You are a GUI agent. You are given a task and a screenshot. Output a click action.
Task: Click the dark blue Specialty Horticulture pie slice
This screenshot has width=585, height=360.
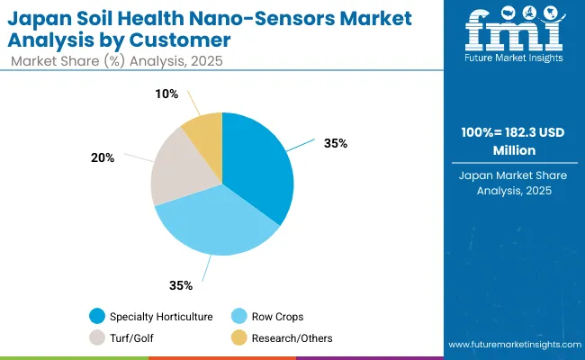click(x=261, y=166)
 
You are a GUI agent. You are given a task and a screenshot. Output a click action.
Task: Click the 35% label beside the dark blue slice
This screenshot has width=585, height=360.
click(x=337, y=143)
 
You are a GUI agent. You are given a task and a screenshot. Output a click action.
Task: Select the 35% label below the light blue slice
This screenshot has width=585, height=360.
click(x=181, y=285)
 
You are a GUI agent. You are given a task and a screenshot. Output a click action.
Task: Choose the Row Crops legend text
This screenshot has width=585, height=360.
click(x=277, y=316)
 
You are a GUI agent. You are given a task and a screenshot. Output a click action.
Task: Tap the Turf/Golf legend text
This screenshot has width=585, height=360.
click(x=133, y=337)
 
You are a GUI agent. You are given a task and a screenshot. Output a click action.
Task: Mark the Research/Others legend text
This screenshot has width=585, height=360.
click(x=291, y=337)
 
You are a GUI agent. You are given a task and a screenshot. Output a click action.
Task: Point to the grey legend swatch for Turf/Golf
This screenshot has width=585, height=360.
click(x=96, y=337)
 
